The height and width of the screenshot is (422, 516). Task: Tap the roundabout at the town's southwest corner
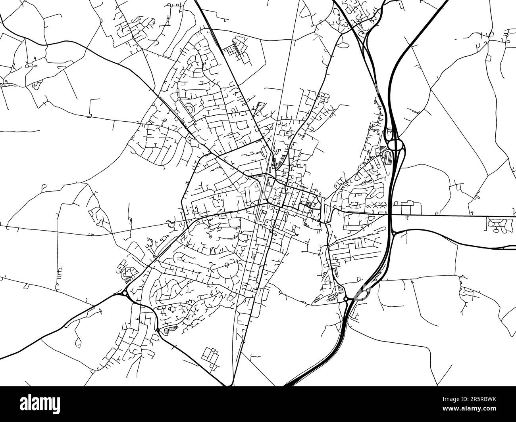[125, 294]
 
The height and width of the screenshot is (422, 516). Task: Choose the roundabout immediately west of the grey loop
[346, 299]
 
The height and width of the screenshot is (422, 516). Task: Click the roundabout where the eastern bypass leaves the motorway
[393, 234]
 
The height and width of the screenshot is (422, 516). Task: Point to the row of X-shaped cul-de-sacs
[375, 204]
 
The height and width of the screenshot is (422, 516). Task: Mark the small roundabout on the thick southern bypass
[158, 330]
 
